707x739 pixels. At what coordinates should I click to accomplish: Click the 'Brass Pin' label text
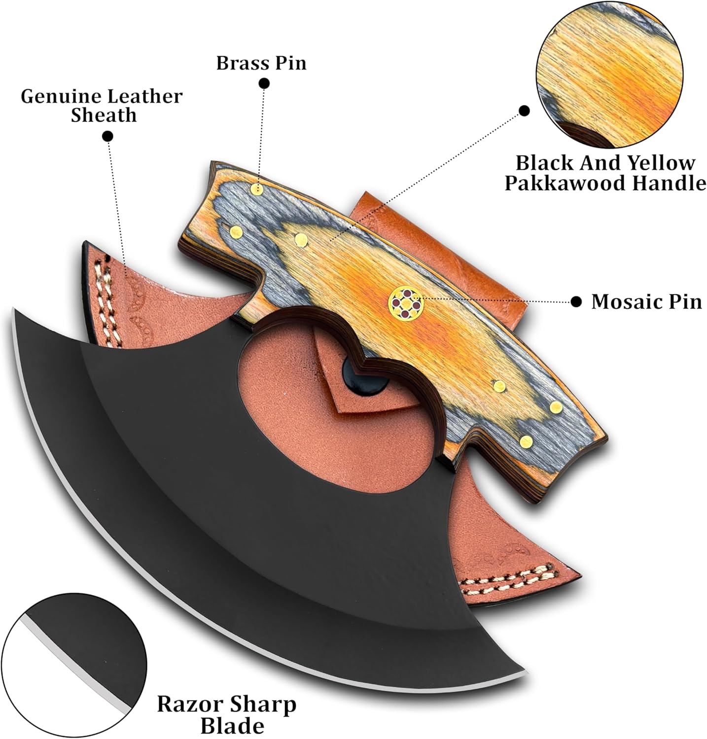click(x=261, y=64)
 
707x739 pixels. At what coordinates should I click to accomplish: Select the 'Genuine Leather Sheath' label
click(x=102, y=105)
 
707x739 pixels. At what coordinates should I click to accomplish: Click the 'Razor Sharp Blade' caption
click(x=226, y=715)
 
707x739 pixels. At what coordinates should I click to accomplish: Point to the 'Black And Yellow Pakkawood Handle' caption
click(x=605, y=173)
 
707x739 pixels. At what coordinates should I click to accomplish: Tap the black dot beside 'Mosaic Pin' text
click(x=575, y=302)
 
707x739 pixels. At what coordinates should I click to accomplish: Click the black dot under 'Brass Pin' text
click(x=265, y=85)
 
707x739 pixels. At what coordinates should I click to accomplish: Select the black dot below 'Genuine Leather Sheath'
click(x=107, y=135)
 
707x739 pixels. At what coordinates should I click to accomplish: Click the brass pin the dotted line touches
click(x=256, y=189)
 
